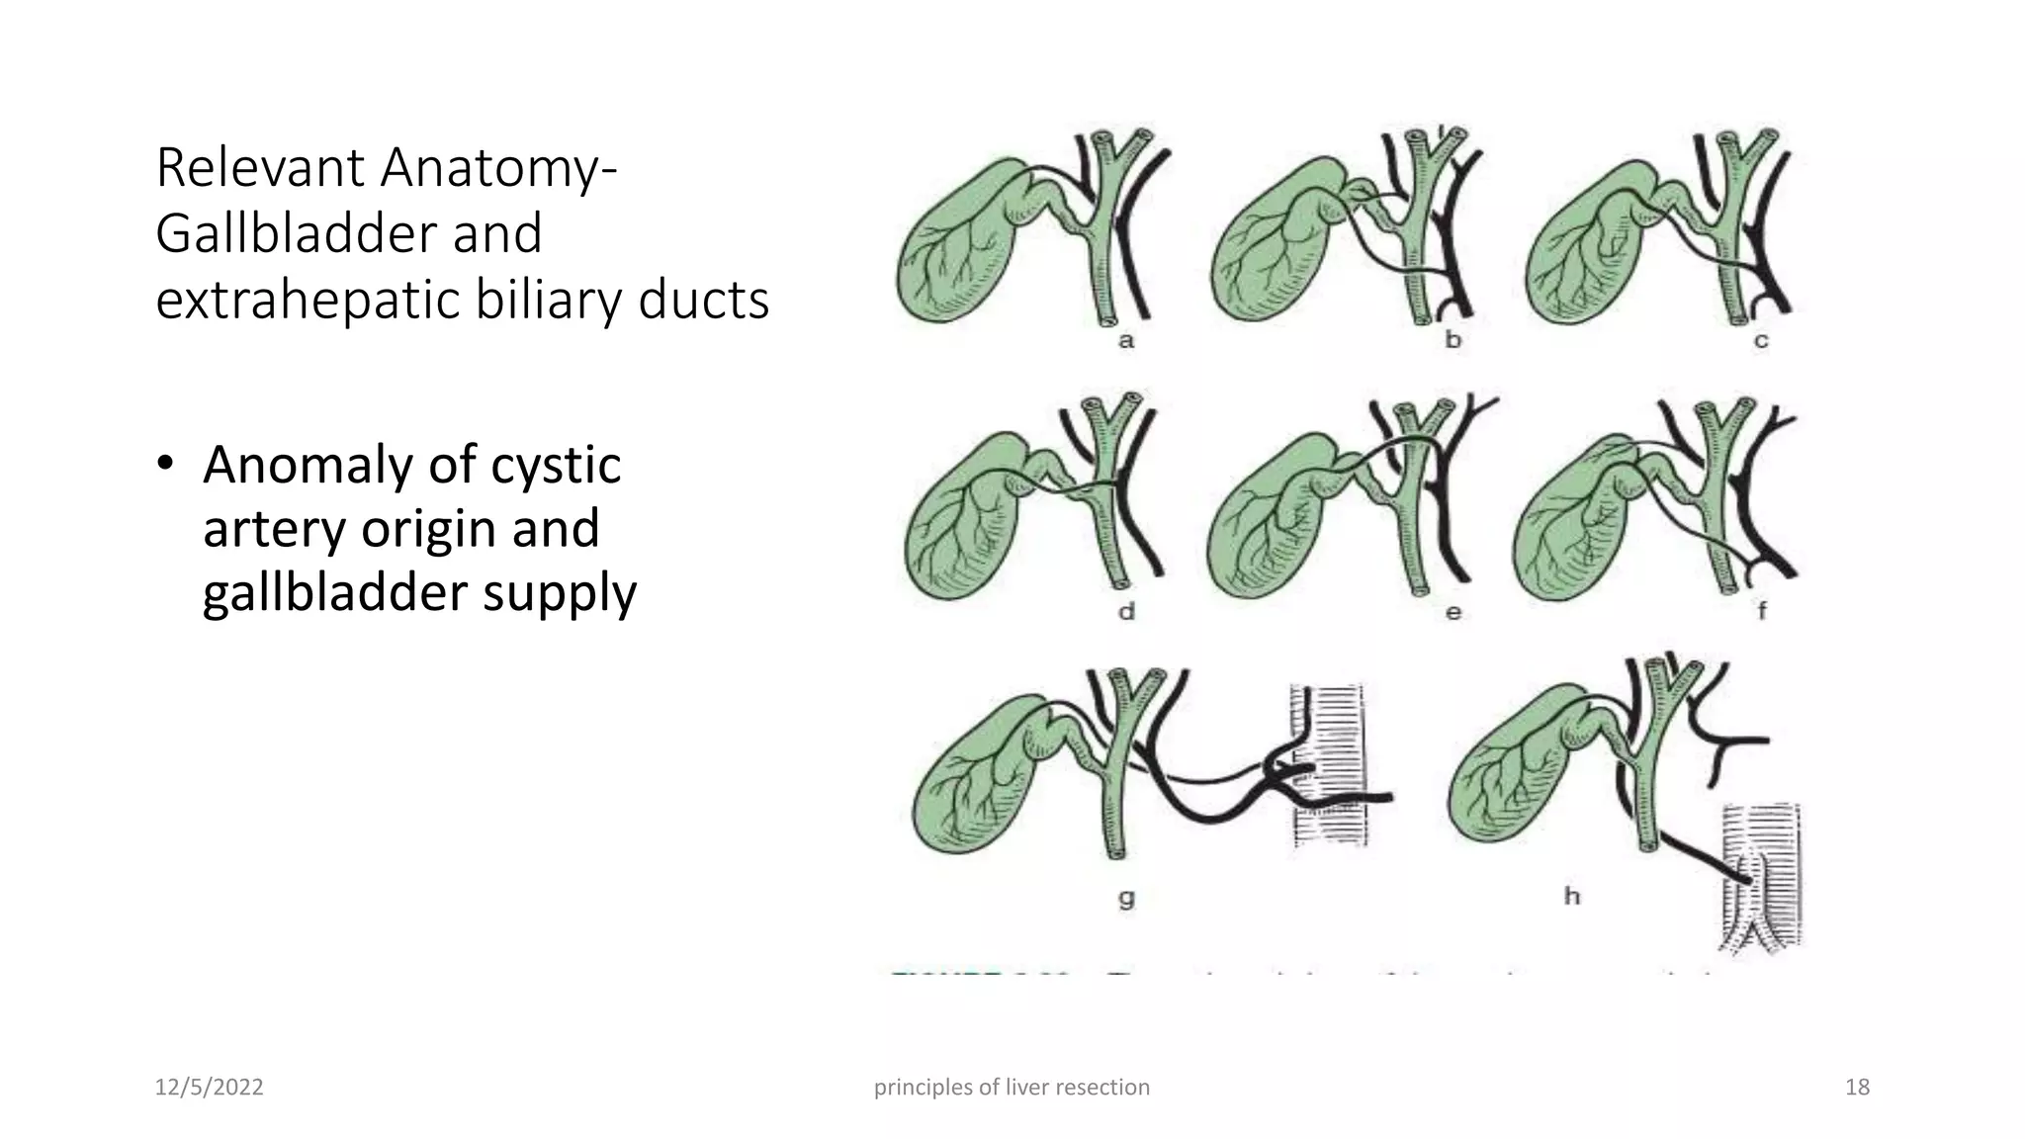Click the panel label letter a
pos(1126,341)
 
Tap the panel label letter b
pos(1453,340)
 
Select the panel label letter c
pos(1761,341)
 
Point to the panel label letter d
pos(1126,612)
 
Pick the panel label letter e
pos(1453,613)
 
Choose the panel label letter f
pos(1762,612)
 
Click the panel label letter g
pos(1126,898)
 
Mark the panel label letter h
pos(1572,896)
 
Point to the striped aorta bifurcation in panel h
pos(1761,910)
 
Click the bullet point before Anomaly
pos(165,466)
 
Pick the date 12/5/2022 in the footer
pos(209,1088)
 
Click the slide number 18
pos(1857,1088)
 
